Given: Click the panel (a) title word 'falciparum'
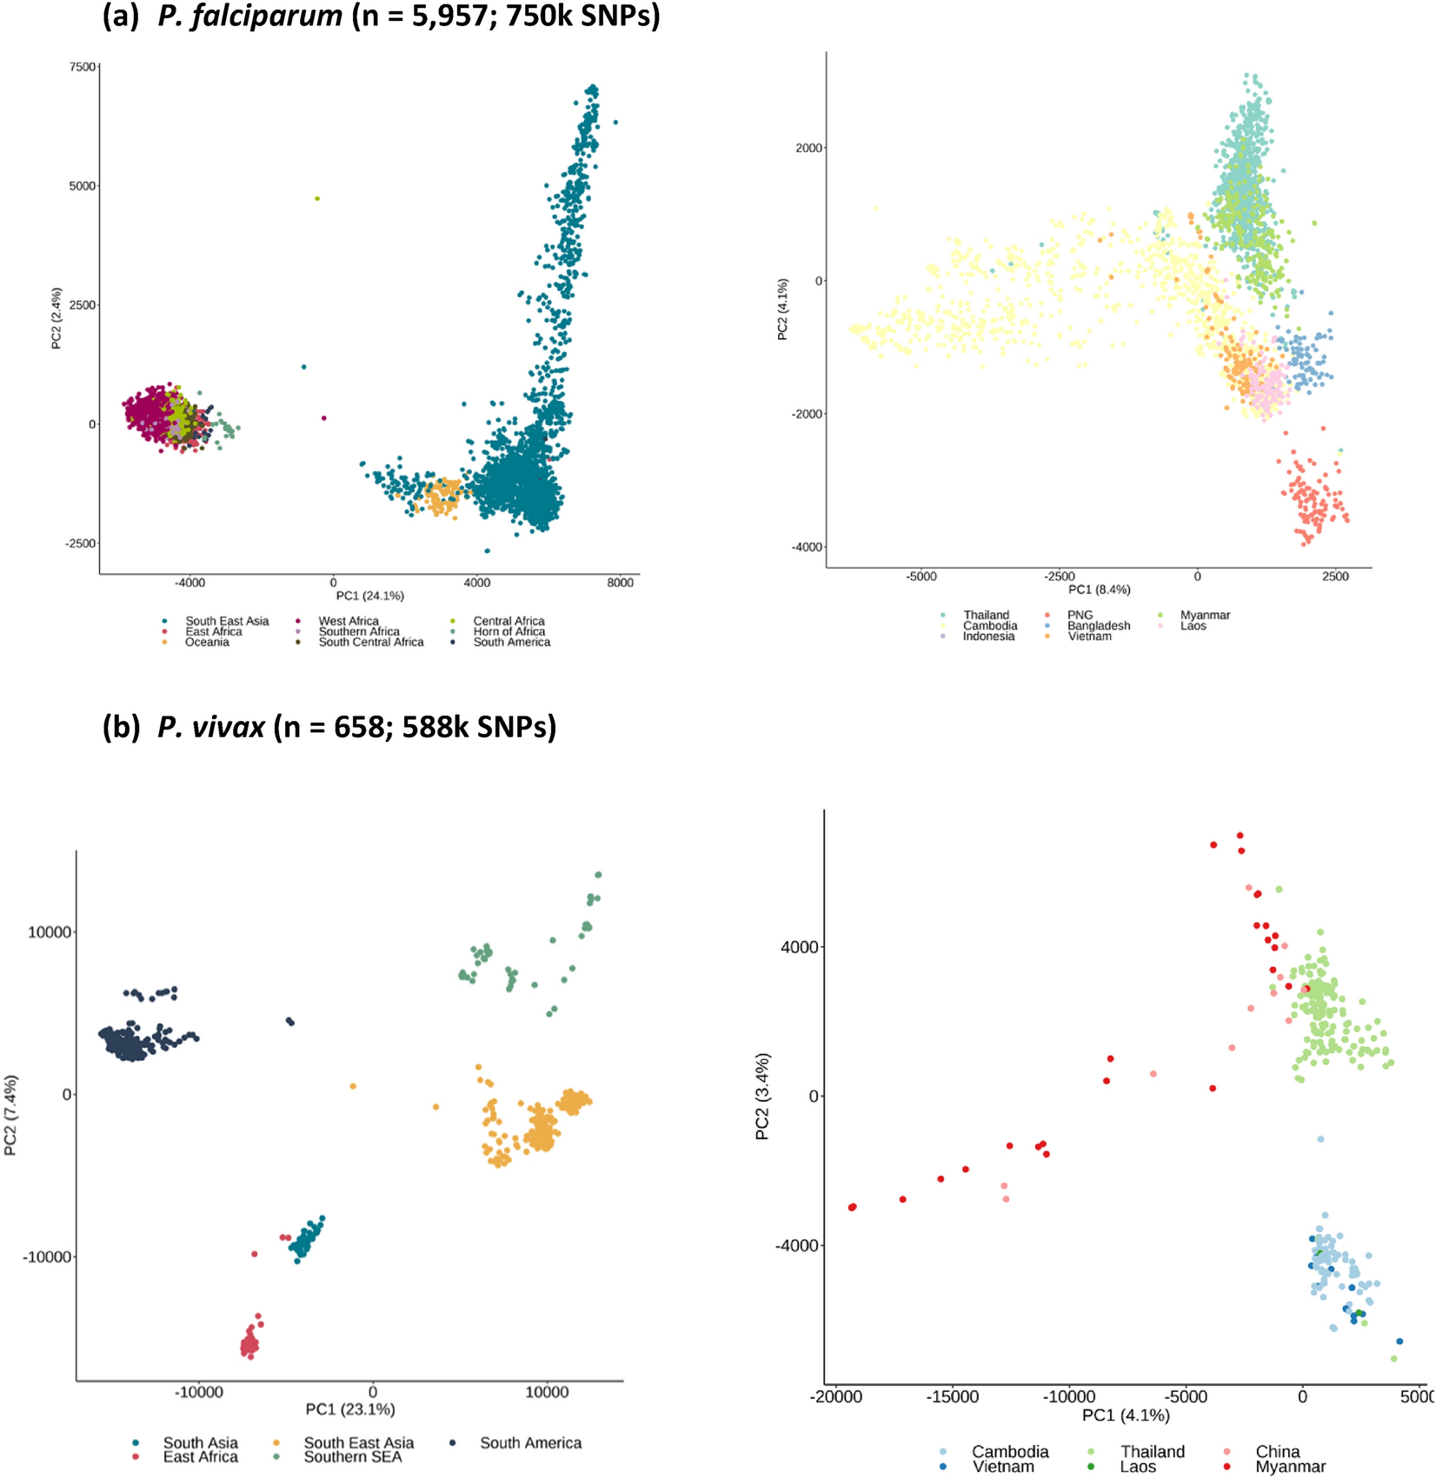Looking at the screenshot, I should pyautogui.click(x=250, y=16).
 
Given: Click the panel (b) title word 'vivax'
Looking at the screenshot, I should pyautogui.click(x=211, y=726).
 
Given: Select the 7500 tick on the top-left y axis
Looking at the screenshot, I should pyautogui.click(x=83, y=67).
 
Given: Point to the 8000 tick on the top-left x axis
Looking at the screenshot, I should pyautogui.click(x=620, y=583).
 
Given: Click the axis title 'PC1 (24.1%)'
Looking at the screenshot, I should pyautogui.click(x=370, y=596).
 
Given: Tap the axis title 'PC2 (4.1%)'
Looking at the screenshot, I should pyautogui.click(x=782, y=309).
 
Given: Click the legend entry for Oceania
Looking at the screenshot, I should pyautogui.click(x=207, y=643).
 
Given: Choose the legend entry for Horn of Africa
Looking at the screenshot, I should pyautogui.click(x=509, y=632).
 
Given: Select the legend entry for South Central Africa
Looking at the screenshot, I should pyautogui.click(x=370, y=643).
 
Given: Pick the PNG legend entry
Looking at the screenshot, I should pyautogui.click(x=1080, y=616).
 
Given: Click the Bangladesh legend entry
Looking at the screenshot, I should pyautogui.click(x=1099, y=626).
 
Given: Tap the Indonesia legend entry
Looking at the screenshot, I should pyautogui.click(x=988, y=636).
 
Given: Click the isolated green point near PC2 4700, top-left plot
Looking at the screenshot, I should pyautogui.click(x=317, y=199).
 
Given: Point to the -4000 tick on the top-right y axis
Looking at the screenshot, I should pyautogui.click(x=807, y=547).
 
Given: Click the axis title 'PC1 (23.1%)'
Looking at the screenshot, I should pyautogui.click(x=350, y=1409).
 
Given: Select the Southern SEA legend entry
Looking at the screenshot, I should pyautogui.click(x=352, y=1456).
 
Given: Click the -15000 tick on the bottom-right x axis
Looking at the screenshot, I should pyautogui.click(x=952, y=1397).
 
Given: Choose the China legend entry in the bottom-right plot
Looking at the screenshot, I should pyautogui.click(x=1277, y=1451).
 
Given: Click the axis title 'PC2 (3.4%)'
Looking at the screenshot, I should pyautogui.click(x=762, y=1096).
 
